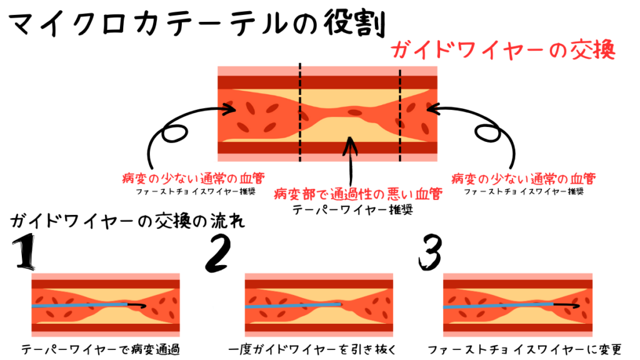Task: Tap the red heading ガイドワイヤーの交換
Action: coord(503,50)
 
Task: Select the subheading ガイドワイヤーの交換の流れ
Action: coord(127,221)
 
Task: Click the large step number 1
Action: coord(24,251)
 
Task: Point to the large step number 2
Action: coord(217,253)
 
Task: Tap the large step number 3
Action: coord(430,252)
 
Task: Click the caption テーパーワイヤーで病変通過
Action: coord(101,349)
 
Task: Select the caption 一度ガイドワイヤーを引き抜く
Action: coord(312,349)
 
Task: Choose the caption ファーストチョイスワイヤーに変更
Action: coord(524,349)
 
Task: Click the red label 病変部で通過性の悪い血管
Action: coord(358,194)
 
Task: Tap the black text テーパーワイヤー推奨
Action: coord(352,210)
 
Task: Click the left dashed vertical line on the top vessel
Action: coord(300,112)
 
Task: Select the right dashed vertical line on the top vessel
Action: coord(400,115)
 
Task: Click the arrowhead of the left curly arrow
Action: coord(229,109)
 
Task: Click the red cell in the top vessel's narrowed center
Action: coord(354,112)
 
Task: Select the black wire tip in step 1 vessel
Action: coord(137,304)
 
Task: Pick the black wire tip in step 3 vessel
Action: coord(566,304)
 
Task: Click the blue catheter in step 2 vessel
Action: coord(293,306)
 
